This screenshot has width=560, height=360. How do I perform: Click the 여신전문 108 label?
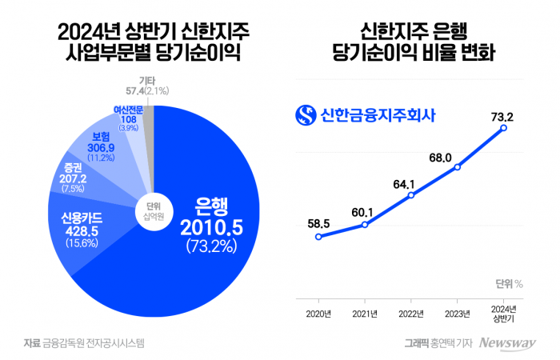(128, 118)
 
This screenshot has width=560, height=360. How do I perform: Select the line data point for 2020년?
(318, 237)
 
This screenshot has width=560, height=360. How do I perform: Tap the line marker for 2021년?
(365, 225)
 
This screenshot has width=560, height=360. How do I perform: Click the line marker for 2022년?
(410, 194)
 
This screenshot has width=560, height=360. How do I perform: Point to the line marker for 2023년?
(457, 167)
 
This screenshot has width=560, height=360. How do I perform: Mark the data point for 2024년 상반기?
(503, 128)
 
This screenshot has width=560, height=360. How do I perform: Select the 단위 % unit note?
(509, 282)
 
